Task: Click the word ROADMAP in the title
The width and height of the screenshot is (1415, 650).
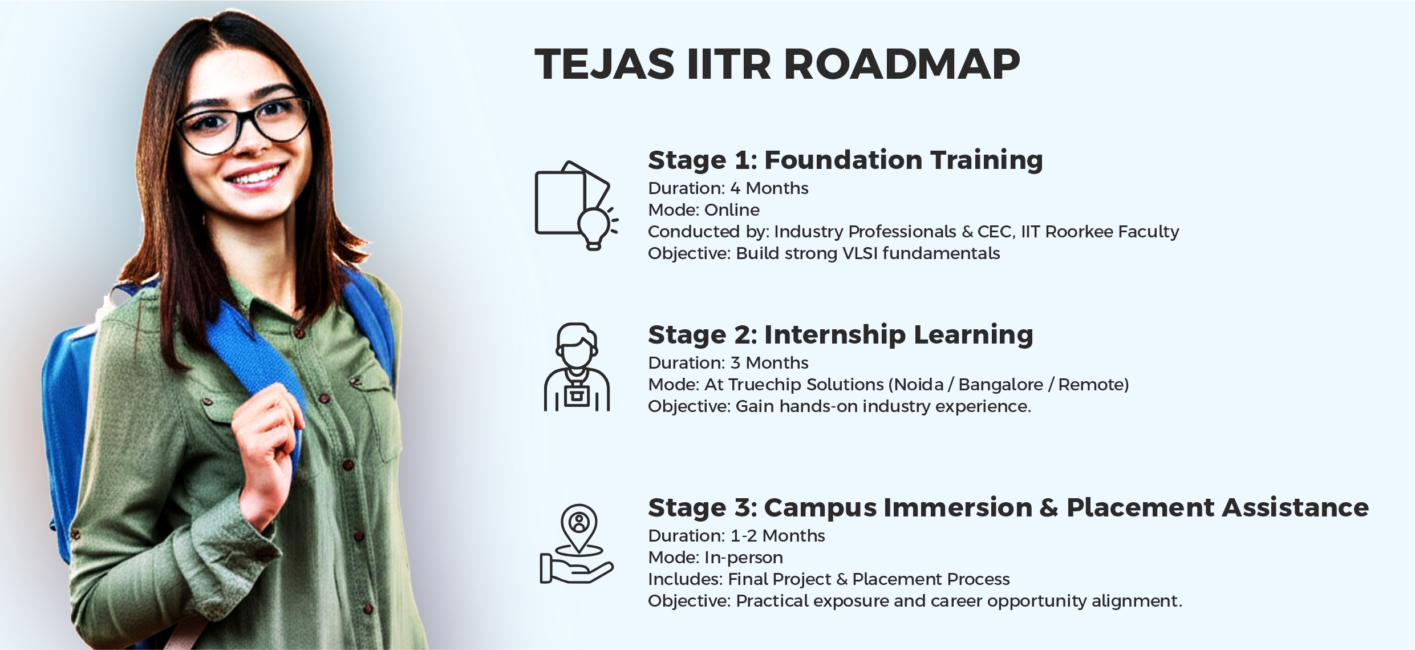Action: click(902, 64)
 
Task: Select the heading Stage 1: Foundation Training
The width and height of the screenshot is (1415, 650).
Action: click(845, 160)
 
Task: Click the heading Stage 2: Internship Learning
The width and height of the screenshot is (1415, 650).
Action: click(840, 334)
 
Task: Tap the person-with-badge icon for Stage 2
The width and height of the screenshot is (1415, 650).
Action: click(577, 368)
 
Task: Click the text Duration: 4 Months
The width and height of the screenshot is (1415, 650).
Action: click(728, 188)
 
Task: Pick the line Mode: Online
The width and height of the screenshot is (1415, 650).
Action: click(704, 210)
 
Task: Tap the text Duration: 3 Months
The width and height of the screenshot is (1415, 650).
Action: click(728, 363)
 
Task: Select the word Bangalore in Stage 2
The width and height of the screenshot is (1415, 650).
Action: click(1000, 385)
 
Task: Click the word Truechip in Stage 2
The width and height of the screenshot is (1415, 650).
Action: click(764, 385)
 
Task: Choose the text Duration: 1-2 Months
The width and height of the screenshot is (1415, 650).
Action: click(736, 536)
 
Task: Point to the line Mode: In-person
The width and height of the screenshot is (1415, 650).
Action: click(715, 558)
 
